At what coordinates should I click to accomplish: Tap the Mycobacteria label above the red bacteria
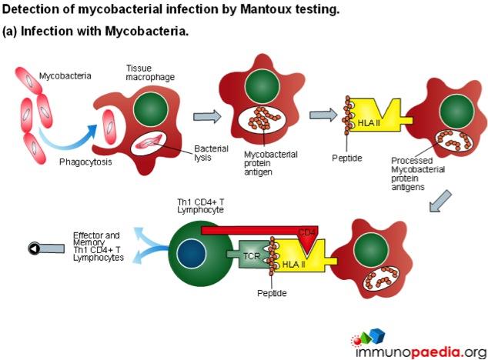(x=66, y=75)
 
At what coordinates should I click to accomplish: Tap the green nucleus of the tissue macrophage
(x=152, y=109)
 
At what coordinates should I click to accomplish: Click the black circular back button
(x=35, y=248)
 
